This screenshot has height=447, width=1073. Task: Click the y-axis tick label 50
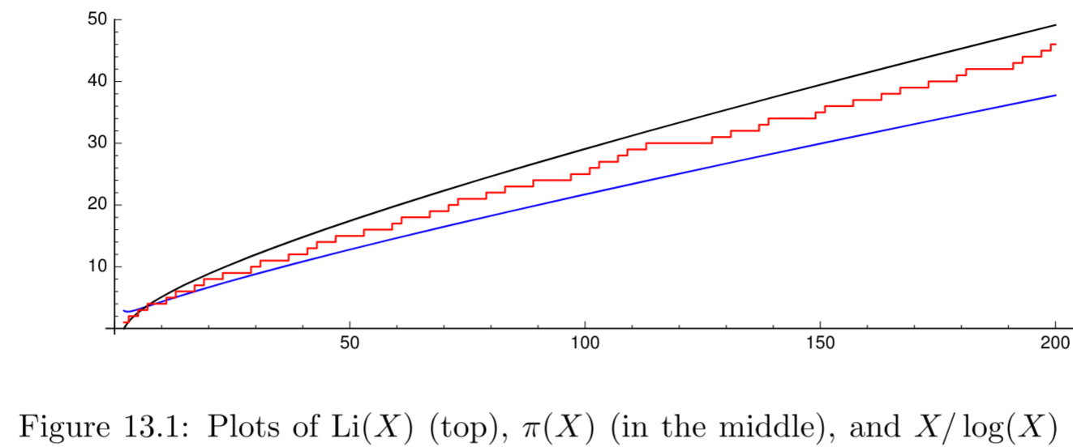(x=98, y=19)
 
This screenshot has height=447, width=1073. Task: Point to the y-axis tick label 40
(x=98, y=81)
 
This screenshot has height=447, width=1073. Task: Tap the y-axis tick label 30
(x=98, y=143)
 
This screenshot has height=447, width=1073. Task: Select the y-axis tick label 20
(x=98, y=205)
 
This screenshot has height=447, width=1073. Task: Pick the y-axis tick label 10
(x=98, y=266)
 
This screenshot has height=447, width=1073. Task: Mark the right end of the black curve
(x=1055, y=25)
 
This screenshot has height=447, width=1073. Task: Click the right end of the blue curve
(x=1055, y=96)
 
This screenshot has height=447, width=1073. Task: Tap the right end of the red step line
(x=1055, y=45)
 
